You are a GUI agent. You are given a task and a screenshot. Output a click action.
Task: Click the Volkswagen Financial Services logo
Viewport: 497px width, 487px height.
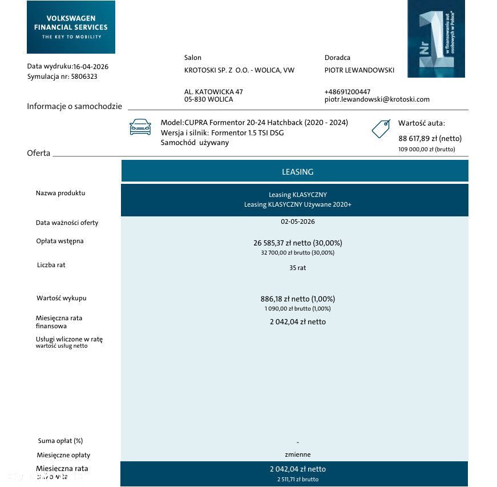click(71, 27)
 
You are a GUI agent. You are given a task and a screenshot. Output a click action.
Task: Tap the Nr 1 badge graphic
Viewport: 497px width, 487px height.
click(436, 39)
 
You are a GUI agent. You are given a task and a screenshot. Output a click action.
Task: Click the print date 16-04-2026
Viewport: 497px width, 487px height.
click(91, 66)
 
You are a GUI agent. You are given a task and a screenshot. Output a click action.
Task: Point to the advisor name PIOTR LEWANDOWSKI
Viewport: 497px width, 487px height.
click(359, 70)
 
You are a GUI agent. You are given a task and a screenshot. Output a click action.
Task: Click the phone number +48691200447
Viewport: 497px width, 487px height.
click(347, 92)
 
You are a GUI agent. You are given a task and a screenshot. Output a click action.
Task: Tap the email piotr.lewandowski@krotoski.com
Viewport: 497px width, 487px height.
click(377, 99)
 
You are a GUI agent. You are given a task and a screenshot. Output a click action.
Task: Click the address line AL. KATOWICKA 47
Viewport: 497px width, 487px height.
click(213, 92)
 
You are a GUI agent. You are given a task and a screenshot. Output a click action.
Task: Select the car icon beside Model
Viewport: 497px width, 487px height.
click(140, 127)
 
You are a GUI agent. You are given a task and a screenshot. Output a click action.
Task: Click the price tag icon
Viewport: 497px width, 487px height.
click(381, 128)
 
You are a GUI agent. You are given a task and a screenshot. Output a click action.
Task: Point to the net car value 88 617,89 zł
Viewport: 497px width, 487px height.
click(430, 138)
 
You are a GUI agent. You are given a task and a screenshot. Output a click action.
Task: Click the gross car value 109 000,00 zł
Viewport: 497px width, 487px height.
click(426, 149)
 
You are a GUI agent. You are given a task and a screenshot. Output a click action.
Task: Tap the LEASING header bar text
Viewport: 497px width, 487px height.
click(297, 172)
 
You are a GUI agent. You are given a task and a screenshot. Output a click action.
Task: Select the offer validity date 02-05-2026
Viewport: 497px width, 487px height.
click(297, 222)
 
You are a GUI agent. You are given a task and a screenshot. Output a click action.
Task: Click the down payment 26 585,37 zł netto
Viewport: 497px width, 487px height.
click(297, 243)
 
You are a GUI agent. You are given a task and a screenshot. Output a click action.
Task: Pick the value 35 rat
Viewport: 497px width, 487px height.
click(297, 268)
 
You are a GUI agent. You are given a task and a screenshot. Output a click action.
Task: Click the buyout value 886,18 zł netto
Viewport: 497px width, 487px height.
click(297, 299)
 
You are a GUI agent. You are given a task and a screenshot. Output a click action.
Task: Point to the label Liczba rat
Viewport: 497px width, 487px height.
click(51, 265)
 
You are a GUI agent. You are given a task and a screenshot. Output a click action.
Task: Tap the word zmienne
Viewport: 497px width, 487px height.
click(297, 454)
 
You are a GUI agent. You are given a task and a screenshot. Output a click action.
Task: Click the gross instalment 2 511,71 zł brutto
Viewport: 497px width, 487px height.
click(297, 480)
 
